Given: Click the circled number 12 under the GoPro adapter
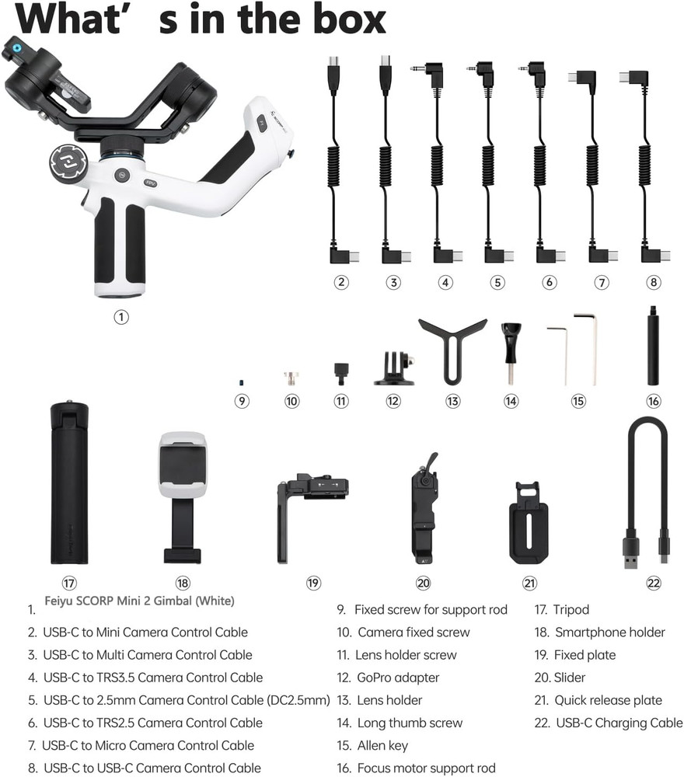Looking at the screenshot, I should coord(393,401).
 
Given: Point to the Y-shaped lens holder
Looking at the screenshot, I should coord(452,346).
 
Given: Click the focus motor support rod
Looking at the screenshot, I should coord(654,346).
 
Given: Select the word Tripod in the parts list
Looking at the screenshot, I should coord(572,610).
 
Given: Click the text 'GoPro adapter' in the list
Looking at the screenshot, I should coord(398,678).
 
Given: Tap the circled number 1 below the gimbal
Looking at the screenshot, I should coord(120,316).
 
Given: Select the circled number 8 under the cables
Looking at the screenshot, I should coord(654,283).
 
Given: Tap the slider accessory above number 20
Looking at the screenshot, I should coord(424,509).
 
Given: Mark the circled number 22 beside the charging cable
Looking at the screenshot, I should coord(654,583).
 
